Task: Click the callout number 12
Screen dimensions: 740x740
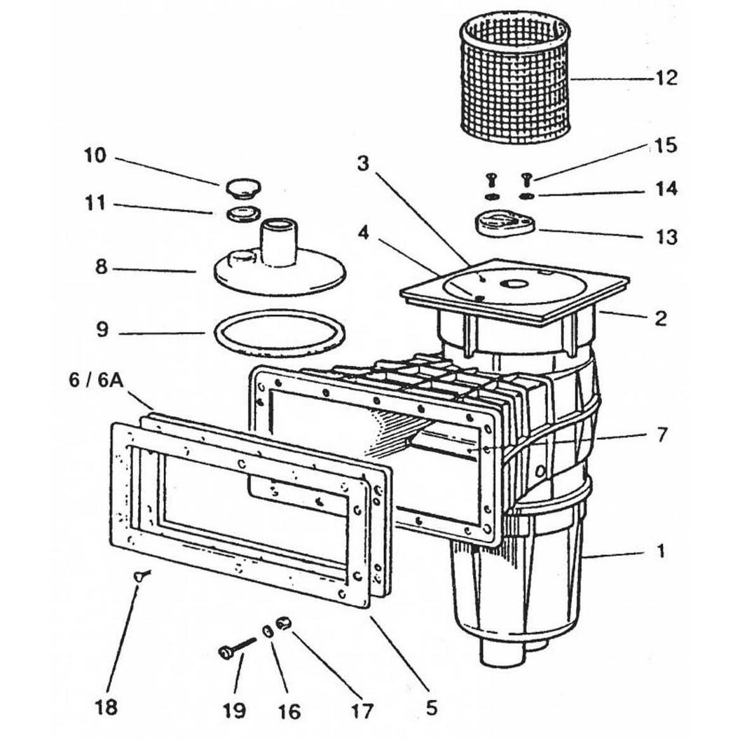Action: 666,77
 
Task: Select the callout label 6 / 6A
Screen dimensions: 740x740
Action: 96,381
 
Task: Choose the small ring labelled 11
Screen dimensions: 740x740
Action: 244,213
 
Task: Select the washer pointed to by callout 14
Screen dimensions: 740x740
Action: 526,196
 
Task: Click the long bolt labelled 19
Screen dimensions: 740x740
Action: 237,648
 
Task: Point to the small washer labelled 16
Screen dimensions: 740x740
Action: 268,631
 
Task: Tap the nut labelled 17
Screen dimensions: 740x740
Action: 284,624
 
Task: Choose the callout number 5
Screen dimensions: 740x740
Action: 432,708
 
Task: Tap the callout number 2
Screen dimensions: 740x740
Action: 661,319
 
